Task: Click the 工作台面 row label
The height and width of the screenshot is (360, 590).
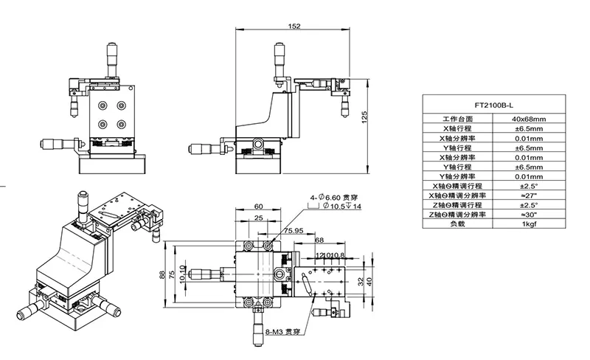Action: [x=457, y=118]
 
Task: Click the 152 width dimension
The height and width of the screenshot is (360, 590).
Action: [x=294, y=27]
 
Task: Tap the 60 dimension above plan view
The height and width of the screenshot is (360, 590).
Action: [x=259, y=207]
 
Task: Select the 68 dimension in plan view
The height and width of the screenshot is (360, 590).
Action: [x=319, y=240]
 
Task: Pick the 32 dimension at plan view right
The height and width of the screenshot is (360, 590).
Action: [x=361, y=280]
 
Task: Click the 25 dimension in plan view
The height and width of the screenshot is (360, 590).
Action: [x=259, y=218]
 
